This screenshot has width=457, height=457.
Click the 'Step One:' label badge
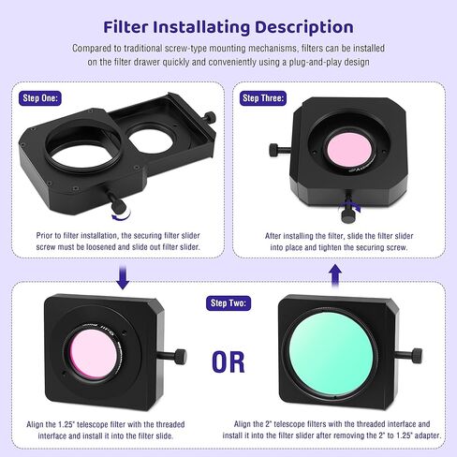40,98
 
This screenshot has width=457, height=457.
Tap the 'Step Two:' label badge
228,303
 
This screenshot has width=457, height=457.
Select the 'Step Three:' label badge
263,98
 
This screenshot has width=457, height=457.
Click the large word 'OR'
228,362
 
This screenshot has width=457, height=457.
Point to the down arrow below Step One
123,276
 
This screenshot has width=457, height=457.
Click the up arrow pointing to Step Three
335,275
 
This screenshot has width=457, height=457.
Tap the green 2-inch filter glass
332,354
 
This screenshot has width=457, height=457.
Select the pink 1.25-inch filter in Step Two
93,354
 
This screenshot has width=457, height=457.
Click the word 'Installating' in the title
201,27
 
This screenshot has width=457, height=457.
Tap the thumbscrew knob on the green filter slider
417,355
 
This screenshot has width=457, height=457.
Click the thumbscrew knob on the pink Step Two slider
180,357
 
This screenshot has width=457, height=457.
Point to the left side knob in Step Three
274,150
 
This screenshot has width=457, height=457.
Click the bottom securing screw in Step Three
348,215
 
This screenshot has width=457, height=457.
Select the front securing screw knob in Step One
119,205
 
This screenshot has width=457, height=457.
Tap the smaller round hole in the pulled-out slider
151,140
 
